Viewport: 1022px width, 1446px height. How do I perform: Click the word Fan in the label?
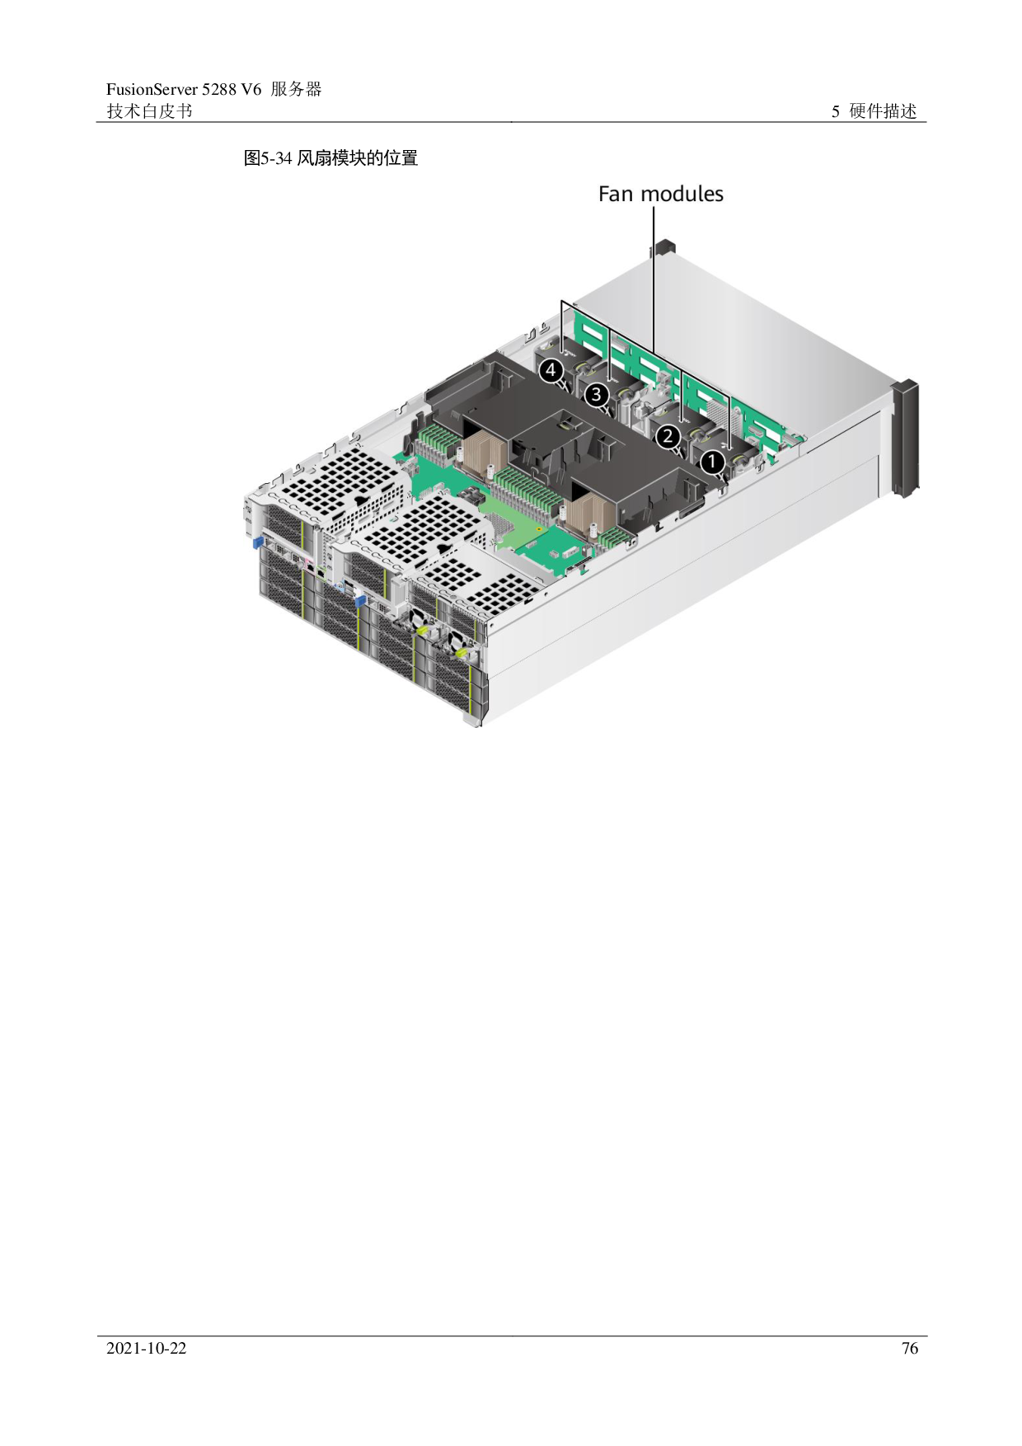coord(616,195)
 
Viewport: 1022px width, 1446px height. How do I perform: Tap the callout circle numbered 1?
coord(713,463)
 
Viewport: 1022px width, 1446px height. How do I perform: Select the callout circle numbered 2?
coord(668,437)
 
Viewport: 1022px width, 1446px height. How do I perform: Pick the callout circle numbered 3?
coord(596,397)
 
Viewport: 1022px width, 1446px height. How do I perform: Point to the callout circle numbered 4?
coord(551,371)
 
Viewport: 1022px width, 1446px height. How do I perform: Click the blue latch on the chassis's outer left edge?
coord(255,542)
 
